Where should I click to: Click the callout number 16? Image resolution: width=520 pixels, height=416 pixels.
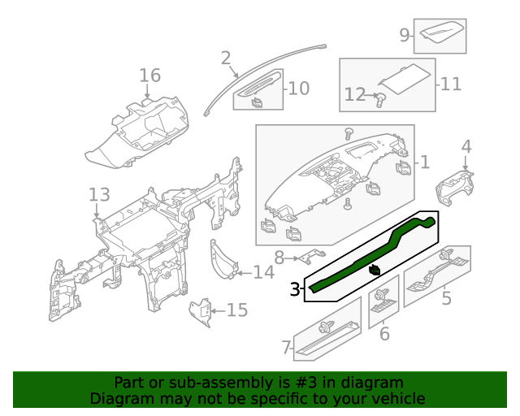point(149,76)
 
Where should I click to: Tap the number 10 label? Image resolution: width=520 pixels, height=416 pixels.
point(299,88)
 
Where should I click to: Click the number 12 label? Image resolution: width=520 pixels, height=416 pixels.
point(355,95)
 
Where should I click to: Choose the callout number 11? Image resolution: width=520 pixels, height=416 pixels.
point(451,84)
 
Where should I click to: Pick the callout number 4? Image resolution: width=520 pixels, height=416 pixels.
point(466,146)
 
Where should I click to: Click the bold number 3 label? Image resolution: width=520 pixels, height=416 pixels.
point(295,288)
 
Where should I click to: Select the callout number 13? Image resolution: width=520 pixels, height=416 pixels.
point(98,195)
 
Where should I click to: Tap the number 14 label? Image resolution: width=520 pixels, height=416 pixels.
point(263,272)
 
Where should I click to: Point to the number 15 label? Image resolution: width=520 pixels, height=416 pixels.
point(236,310)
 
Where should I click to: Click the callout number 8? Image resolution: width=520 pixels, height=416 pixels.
point(279,259)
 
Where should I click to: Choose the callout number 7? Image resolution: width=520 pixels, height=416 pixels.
point(286,349)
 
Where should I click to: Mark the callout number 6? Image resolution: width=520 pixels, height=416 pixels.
point(384,334)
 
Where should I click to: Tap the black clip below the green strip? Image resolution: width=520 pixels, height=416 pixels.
point(375,271)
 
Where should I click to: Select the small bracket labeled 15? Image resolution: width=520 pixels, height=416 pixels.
point(200,312)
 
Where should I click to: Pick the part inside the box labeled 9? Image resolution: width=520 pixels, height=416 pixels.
point(443,34)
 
